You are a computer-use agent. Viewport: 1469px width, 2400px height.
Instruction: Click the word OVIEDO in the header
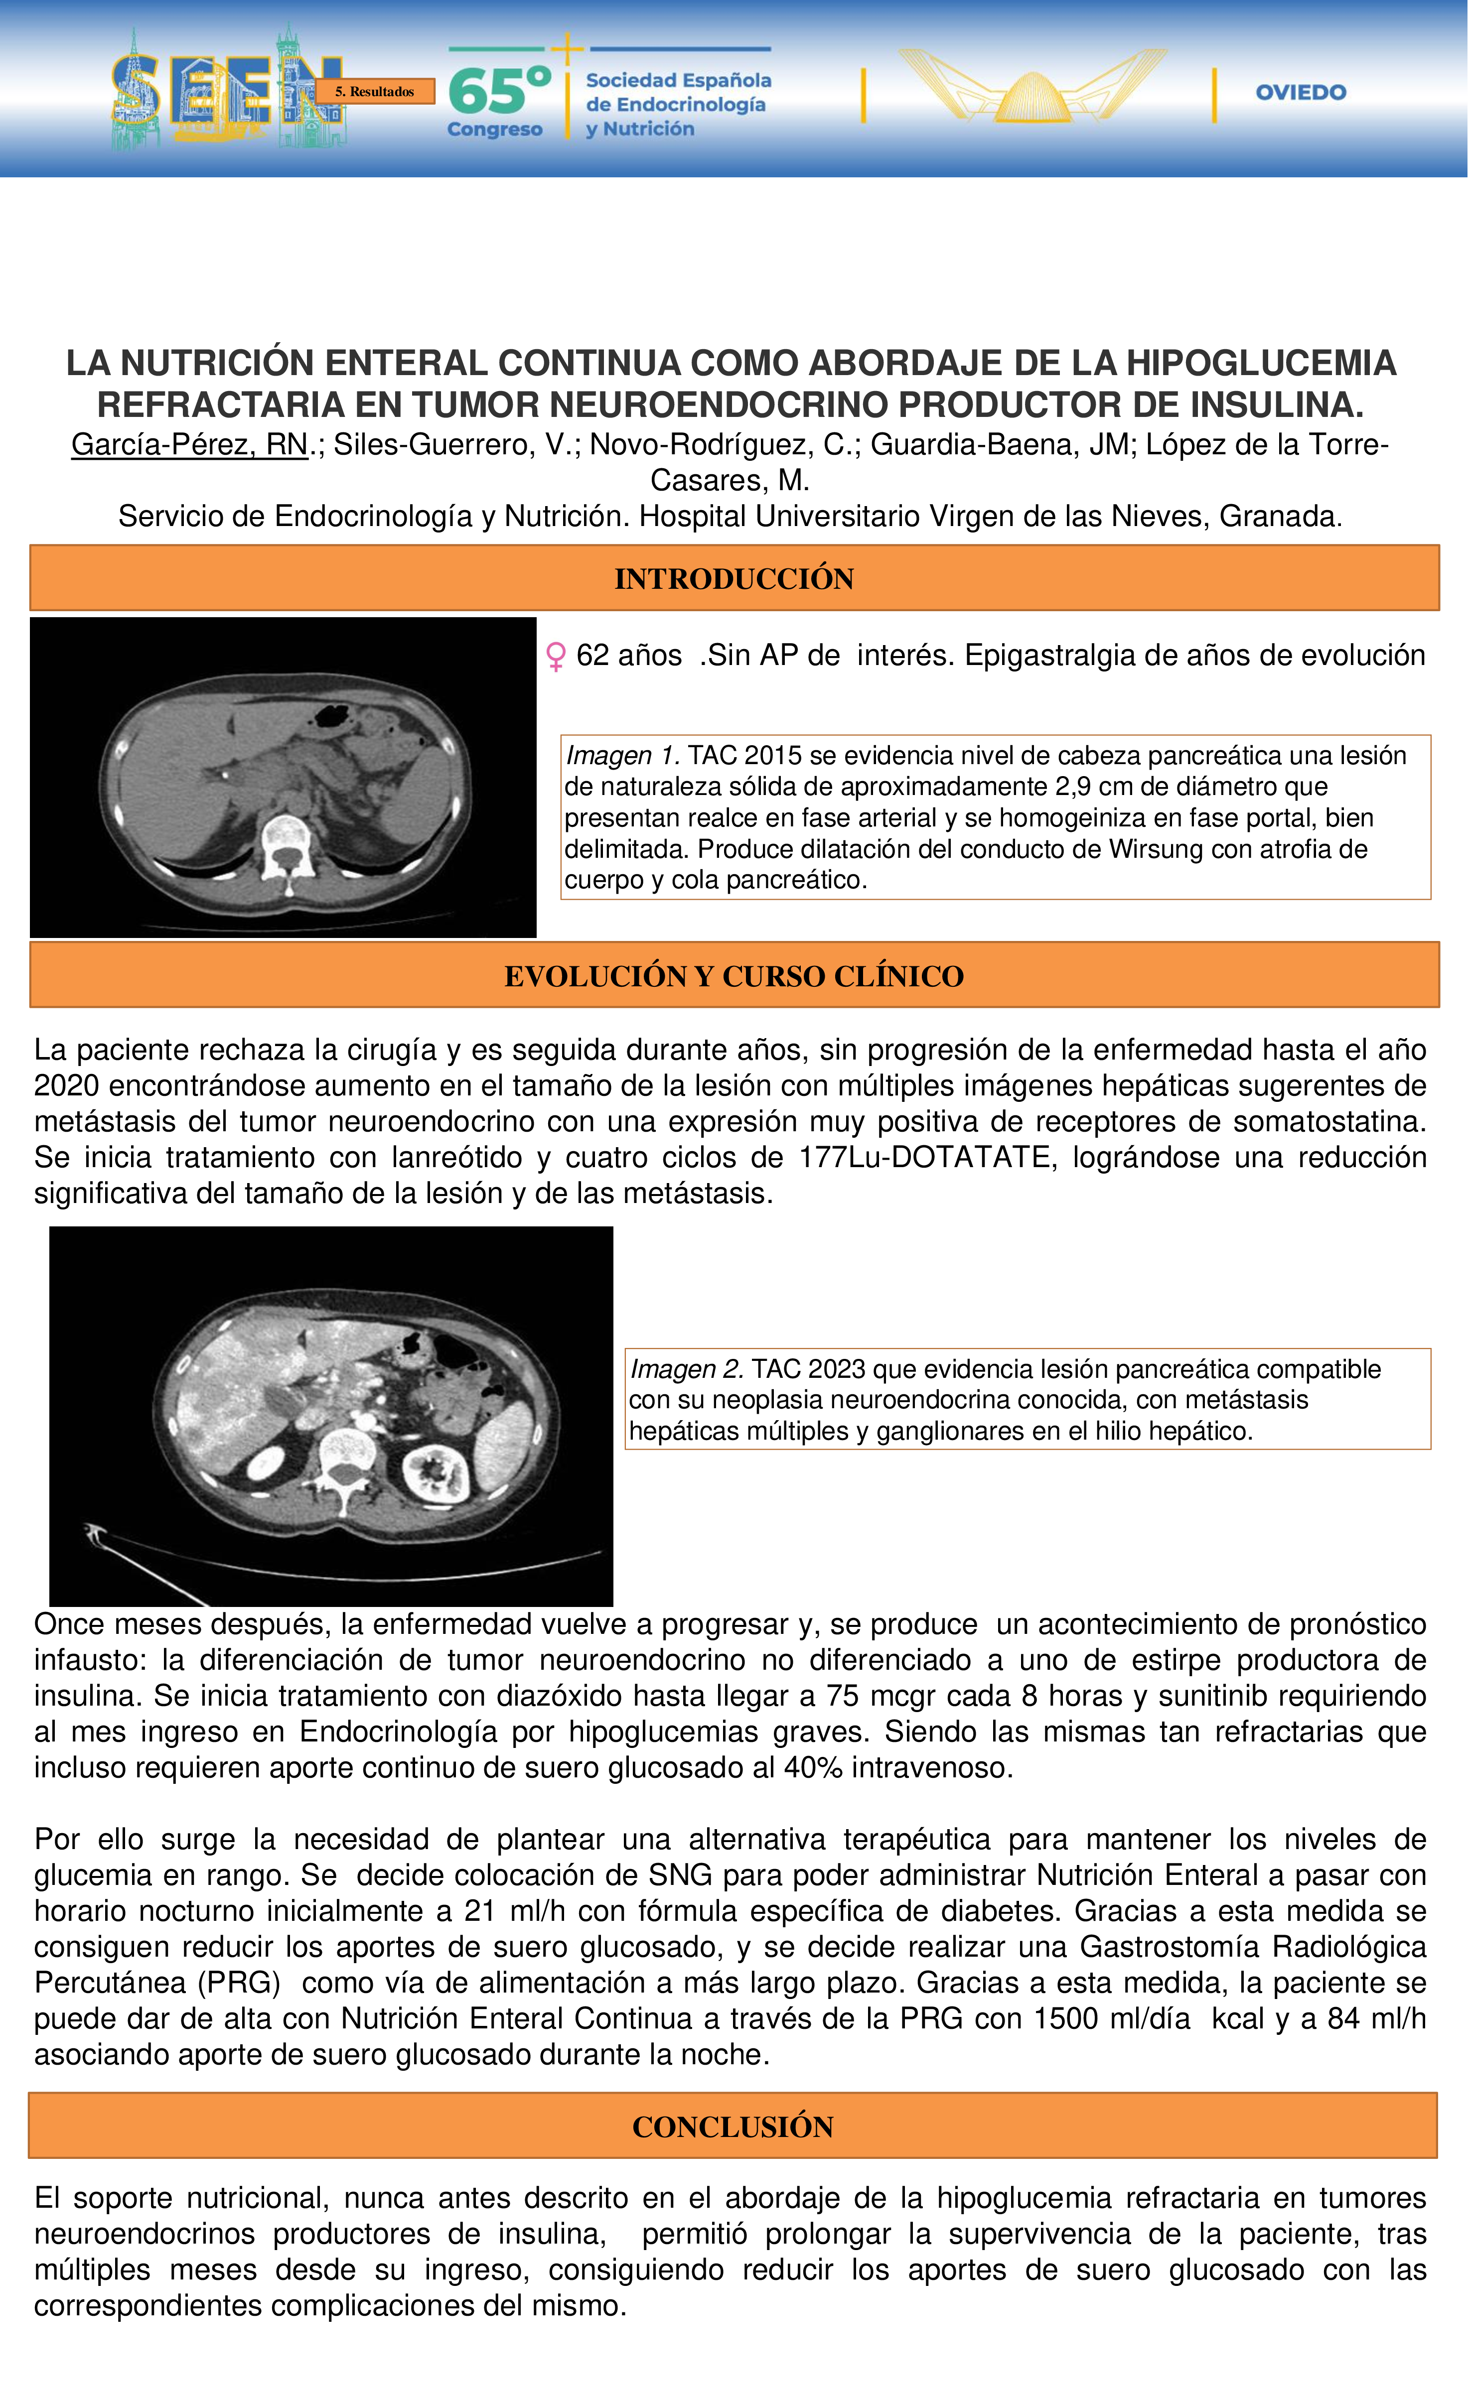1301,93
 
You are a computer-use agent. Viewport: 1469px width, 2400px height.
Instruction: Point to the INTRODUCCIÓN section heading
734,578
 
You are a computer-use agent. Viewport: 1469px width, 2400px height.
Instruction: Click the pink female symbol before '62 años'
555,657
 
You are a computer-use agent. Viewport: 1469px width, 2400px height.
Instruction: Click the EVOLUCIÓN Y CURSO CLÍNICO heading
734,976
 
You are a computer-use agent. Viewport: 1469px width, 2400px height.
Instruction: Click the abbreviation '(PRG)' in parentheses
239,1984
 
